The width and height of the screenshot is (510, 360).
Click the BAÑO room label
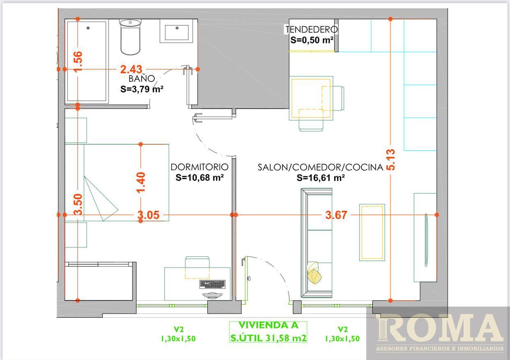142,78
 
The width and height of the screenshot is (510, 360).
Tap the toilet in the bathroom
130,37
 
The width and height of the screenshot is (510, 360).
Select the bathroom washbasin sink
177,31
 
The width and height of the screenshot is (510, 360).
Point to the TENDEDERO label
312,30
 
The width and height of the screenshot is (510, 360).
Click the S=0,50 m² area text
312,40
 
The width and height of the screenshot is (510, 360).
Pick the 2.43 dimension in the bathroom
131,69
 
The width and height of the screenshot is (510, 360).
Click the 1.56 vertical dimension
78,62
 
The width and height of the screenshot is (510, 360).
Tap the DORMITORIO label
200,167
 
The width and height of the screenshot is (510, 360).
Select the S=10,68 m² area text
200,178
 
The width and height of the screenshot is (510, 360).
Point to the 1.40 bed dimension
140,182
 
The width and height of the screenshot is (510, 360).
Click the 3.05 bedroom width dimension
149,215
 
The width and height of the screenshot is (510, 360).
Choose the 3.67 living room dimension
336,215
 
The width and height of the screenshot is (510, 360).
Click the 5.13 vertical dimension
391,159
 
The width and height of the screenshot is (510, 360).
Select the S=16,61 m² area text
321,178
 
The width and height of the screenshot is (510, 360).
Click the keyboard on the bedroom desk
212,284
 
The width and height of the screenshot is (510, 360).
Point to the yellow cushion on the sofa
314,273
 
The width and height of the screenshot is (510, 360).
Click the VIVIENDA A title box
268,332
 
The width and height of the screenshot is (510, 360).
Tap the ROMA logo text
440,328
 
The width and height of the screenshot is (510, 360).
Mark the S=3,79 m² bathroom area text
142,89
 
